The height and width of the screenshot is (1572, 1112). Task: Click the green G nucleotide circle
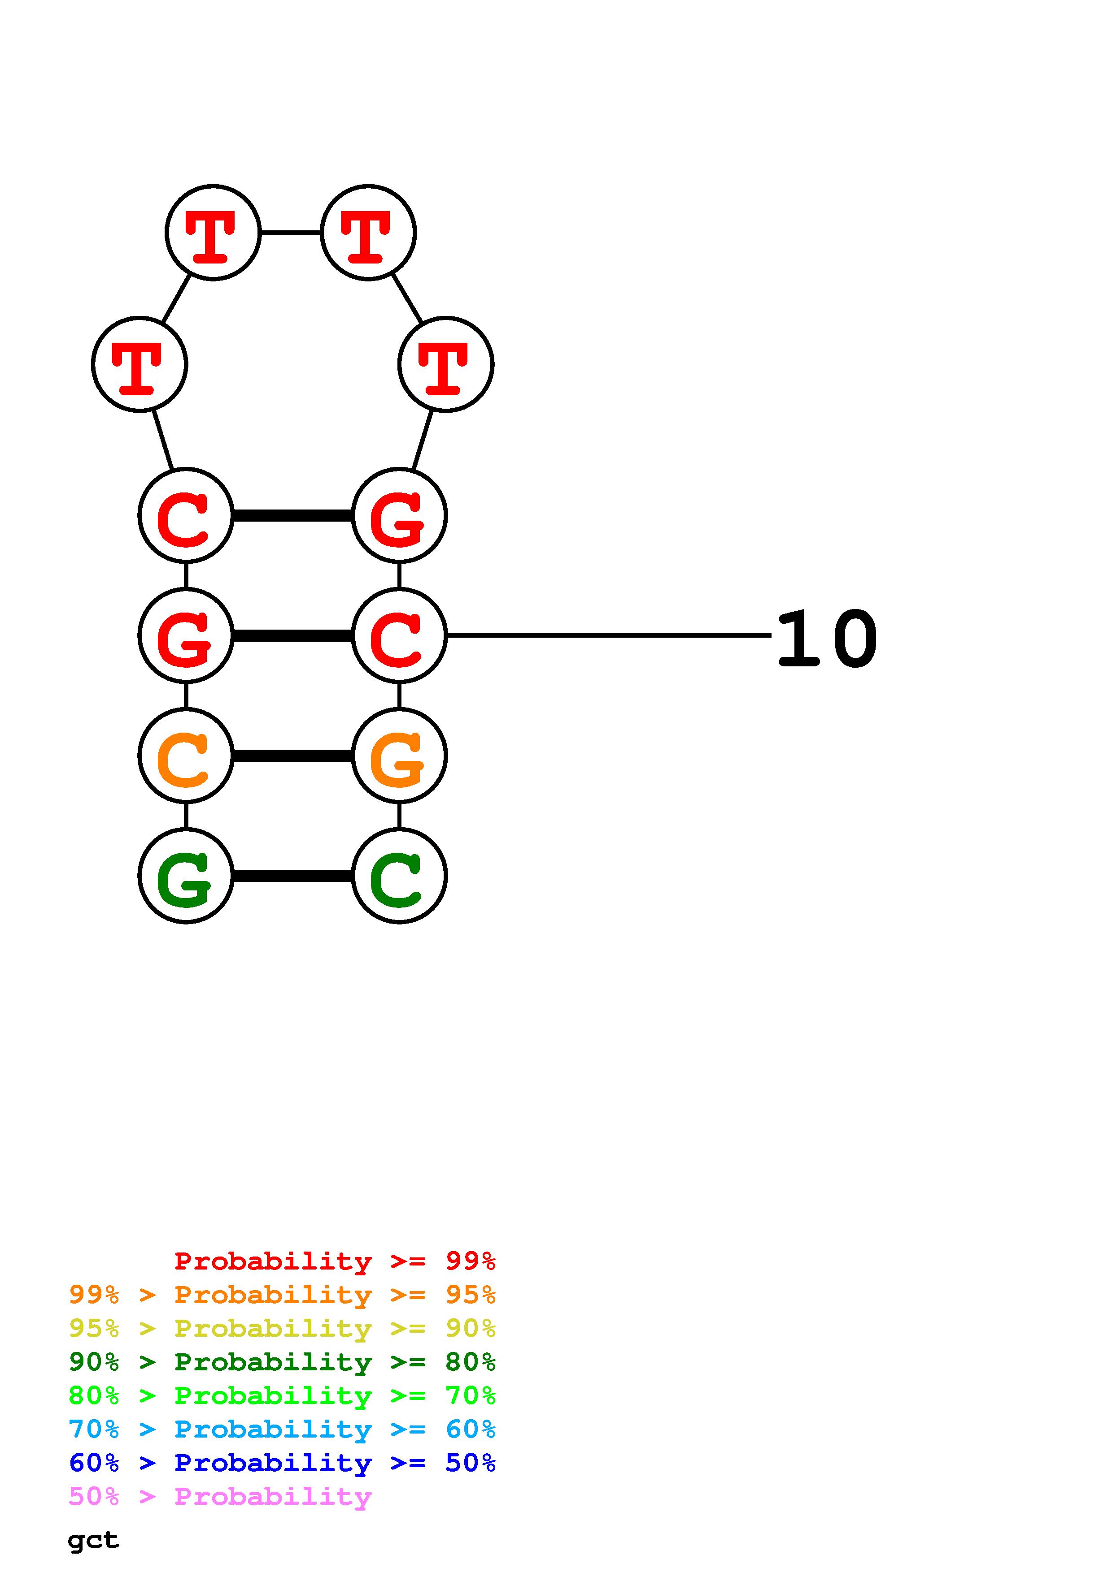[x=186, y=876]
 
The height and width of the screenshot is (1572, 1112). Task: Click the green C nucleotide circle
[x=399, y=876]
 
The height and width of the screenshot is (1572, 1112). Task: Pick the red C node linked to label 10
[x=399, y=635]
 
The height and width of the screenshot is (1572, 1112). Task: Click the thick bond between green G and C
[x=292, y=876]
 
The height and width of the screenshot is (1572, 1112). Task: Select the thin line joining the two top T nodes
[x=291, y=233]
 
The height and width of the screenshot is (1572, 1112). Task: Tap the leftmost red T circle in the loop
[x=140, y=364]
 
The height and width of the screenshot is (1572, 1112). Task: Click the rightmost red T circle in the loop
[x=445, y=364]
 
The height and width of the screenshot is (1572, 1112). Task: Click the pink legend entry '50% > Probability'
[x=220, y=1497]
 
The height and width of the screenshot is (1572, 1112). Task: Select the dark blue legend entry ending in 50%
[x=282, y=1463]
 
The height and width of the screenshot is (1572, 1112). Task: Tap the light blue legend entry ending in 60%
[x=282, y=1429]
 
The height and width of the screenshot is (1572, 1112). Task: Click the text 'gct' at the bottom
[x=93, y=1541]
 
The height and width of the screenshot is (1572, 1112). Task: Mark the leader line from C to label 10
[x=608, y=635]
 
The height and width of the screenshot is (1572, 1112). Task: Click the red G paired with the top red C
[x=399, y=515]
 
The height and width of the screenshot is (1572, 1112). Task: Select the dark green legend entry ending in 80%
[x=282, y=1362]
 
